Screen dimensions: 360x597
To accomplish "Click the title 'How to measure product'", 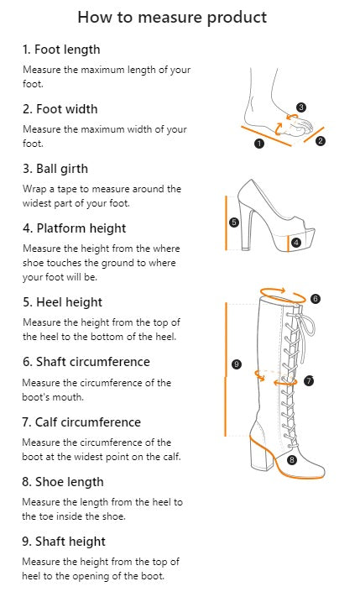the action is pyautogui.click(x=172, y=18).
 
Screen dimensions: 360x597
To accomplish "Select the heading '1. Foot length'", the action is pyautogui.click(x=61, y=50).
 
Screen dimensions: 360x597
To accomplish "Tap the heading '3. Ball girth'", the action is pyautogui.click(x=55, y=169).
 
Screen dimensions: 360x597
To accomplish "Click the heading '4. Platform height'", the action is pyautogui.click(x=74, y=228).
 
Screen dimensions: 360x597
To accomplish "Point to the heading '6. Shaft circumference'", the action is pyautogui.click(x=86, y=362).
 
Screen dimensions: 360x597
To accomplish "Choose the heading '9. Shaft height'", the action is pyautogui.click(x=64, y=542).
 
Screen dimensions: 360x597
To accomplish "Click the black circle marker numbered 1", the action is pyautogui.click(x=258, y=144).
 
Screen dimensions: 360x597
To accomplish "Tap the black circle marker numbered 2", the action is pyautogui.click(x=321, y=141).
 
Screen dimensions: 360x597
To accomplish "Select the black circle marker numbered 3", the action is pyautogui.click(x=301, y=107).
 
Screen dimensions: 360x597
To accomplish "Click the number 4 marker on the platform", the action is pyautogui.click(x=296, y=243).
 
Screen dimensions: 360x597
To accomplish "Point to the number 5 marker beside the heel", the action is pyautogui.click(x=234, y=222).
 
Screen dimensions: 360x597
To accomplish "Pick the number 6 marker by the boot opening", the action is pyautogui.click(x=316, y=299).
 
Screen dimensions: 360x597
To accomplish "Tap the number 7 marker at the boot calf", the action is pyautogui.click(x=309, y=380).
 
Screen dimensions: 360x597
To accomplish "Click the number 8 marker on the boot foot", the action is pyautogui.click(x=292, y=460).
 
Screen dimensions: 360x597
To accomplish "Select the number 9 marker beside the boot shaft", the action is pyautogui.click(x=237, y=364).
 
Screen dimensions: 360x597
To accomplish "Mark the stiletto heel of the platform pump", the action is pyautogui.click(x=246, y=230).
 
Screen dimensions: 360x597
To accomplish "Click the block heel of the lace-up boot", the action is pyautogui.click(x=262, y=456).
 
